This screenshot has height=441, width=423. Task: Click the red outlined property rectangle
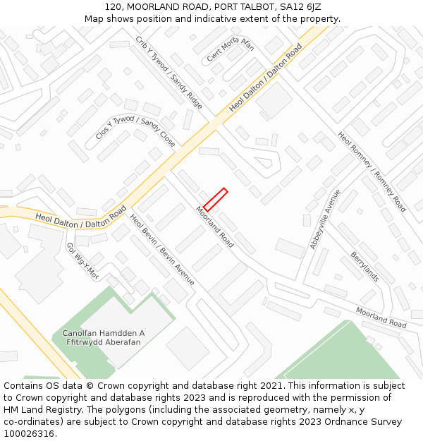pos(215,200)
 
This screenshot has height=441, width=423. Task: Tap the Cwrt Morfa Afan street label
pos(230,50)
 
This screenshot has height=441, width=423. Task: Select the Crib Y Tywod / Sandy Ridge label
pos(169,73)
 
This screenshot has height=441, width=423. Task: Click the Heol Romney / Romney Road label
pos(372,171)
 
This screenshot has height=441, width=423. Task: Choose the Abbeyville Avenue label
pos(325,219)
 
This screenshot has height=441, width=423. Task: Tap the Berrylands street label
pos(365,267)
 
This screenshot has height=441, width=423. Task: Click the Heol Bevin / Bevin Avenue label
pos(162,250)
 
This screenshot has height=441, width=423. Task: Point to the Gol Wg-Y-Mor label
pos(82,261)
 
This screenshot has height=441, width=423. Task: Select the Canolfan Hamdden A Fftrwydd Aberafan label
pos(104,337)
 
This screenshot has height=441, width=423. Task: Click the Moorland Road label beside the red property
pos(215,226)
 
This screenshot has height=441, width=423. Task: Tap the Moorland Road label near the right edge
pos(381,318)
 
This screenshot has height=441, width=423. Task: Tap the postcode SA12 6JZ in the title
pos(300,6)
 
